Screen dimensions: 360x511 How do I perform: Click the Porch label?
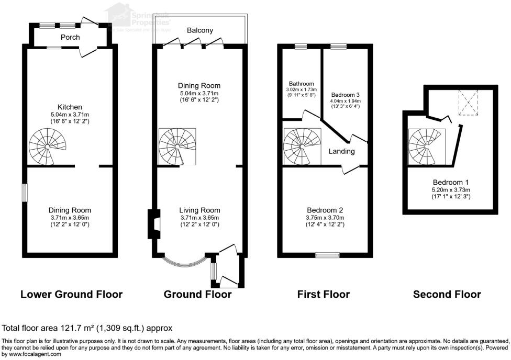(x=70, y=37)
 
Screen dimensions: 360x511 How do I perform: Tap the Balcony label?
(x=200, y=30)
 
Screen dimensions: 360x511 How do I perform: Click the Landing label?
(x=341, y=151)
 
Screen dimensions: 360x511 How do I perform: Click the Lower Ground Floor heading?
(x=71, y=294)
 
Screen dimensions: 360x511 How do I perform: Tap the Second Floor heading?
(x=447, y=294)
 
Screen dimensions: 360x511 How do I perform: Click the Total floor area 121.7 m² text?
(x=87, y=329)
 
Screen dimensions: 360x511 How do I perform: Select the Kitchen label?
(x=70, y=107)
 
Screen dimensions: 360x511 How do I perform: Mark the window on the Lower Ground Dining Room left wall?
(x=24, y=191)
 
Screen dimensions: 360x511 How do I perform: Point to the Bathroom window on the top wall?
(x=301, y=47)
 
